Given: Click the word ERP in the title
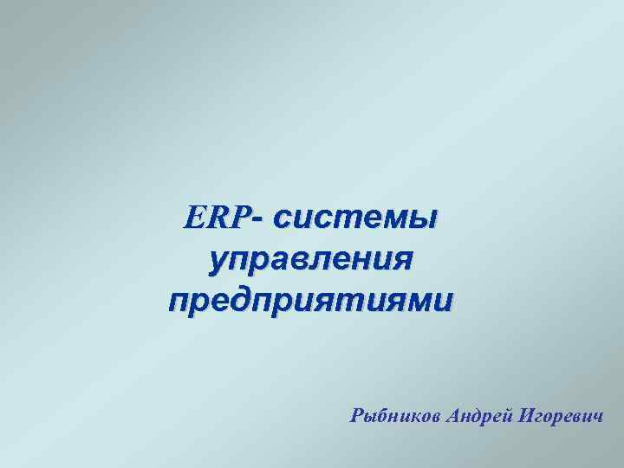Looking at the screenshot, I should (216, 217).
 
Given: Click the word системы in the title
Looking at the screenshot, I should (355, 218).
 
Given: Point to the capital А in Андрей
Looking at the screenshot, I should (453, 415).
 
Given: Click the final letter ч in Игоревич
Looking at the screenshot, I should (597, 417).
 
